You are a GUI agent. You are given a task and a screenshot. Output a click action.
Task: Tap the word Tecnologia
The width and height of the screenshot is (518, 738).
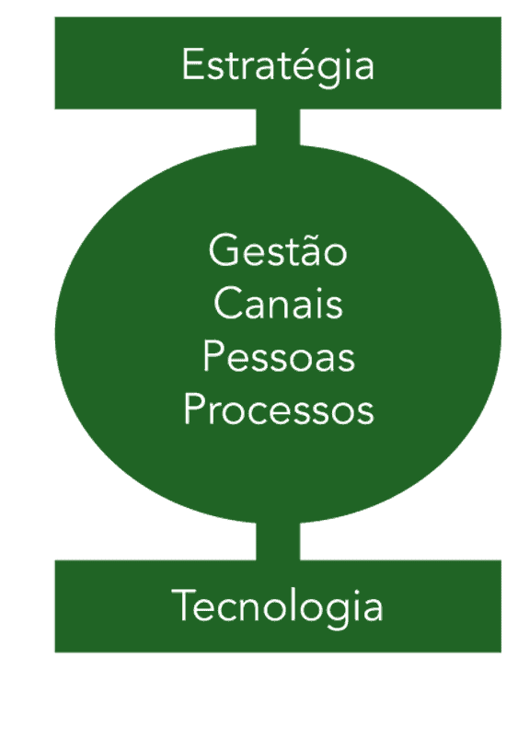278,607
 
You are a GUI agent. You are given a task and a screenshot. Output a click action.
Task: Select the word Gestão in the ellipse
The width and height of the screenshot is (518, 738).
278,250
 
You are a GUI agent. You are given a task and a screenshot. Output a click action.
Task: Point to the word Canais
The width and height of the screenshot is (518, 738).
278,304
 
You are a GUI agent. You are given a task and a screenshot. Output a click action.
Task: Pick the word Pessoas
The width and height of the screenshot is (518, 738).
278,357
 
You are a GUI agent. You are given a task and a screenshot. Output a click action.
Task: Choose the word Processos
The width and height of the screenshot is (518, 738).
278,409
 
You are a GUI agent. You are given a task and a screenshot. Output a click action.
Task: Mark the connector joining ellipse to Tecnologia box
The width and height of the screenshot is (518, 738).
278,541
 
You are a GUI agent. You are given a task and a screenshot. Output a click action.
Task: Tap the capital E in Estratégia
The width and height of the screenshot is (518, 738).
190,65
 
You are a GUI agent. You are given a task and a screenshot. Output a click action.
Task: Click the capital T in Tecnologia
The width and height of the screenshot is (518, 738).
183,606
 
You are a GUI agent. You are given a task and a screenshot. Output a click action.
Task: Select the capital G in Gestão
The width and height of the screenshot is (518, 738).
223,250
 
